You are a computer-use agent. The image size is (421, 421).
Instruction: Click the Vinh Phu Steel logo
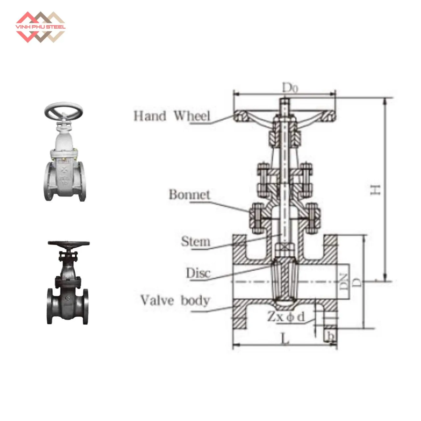[x=40, y=27]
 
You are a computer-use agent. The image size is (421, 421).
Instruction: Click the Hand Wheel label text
[x=171, y=116]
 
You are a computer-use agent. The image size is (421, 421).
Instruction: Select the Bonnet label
[x=189, y=194]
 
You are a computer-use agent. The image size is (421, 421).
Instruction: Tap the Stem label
[x=195, y=241]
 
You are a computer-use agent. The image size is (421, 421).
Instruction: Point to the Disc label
[x=198, y=273]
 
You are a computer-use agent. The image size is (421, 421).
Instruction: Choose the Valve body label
[x=175, y=301]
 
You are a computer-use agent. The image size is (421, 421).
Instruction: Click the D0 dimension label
[x=290, y=88]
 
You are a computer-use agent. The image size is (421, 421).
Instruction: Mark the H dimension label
[x=376, y=189]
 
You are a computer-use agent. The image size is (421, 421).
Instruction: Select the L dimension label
[x=285, y=339]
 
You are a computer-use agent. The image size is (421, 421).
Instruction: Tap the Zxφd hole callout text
[x=285, y=317]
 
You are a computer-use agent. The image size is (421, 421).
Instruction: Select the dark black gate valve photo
[x=68, y=283]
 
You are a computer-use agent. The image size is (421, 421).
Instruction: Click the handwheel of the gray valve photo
[x=64, y=112]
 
